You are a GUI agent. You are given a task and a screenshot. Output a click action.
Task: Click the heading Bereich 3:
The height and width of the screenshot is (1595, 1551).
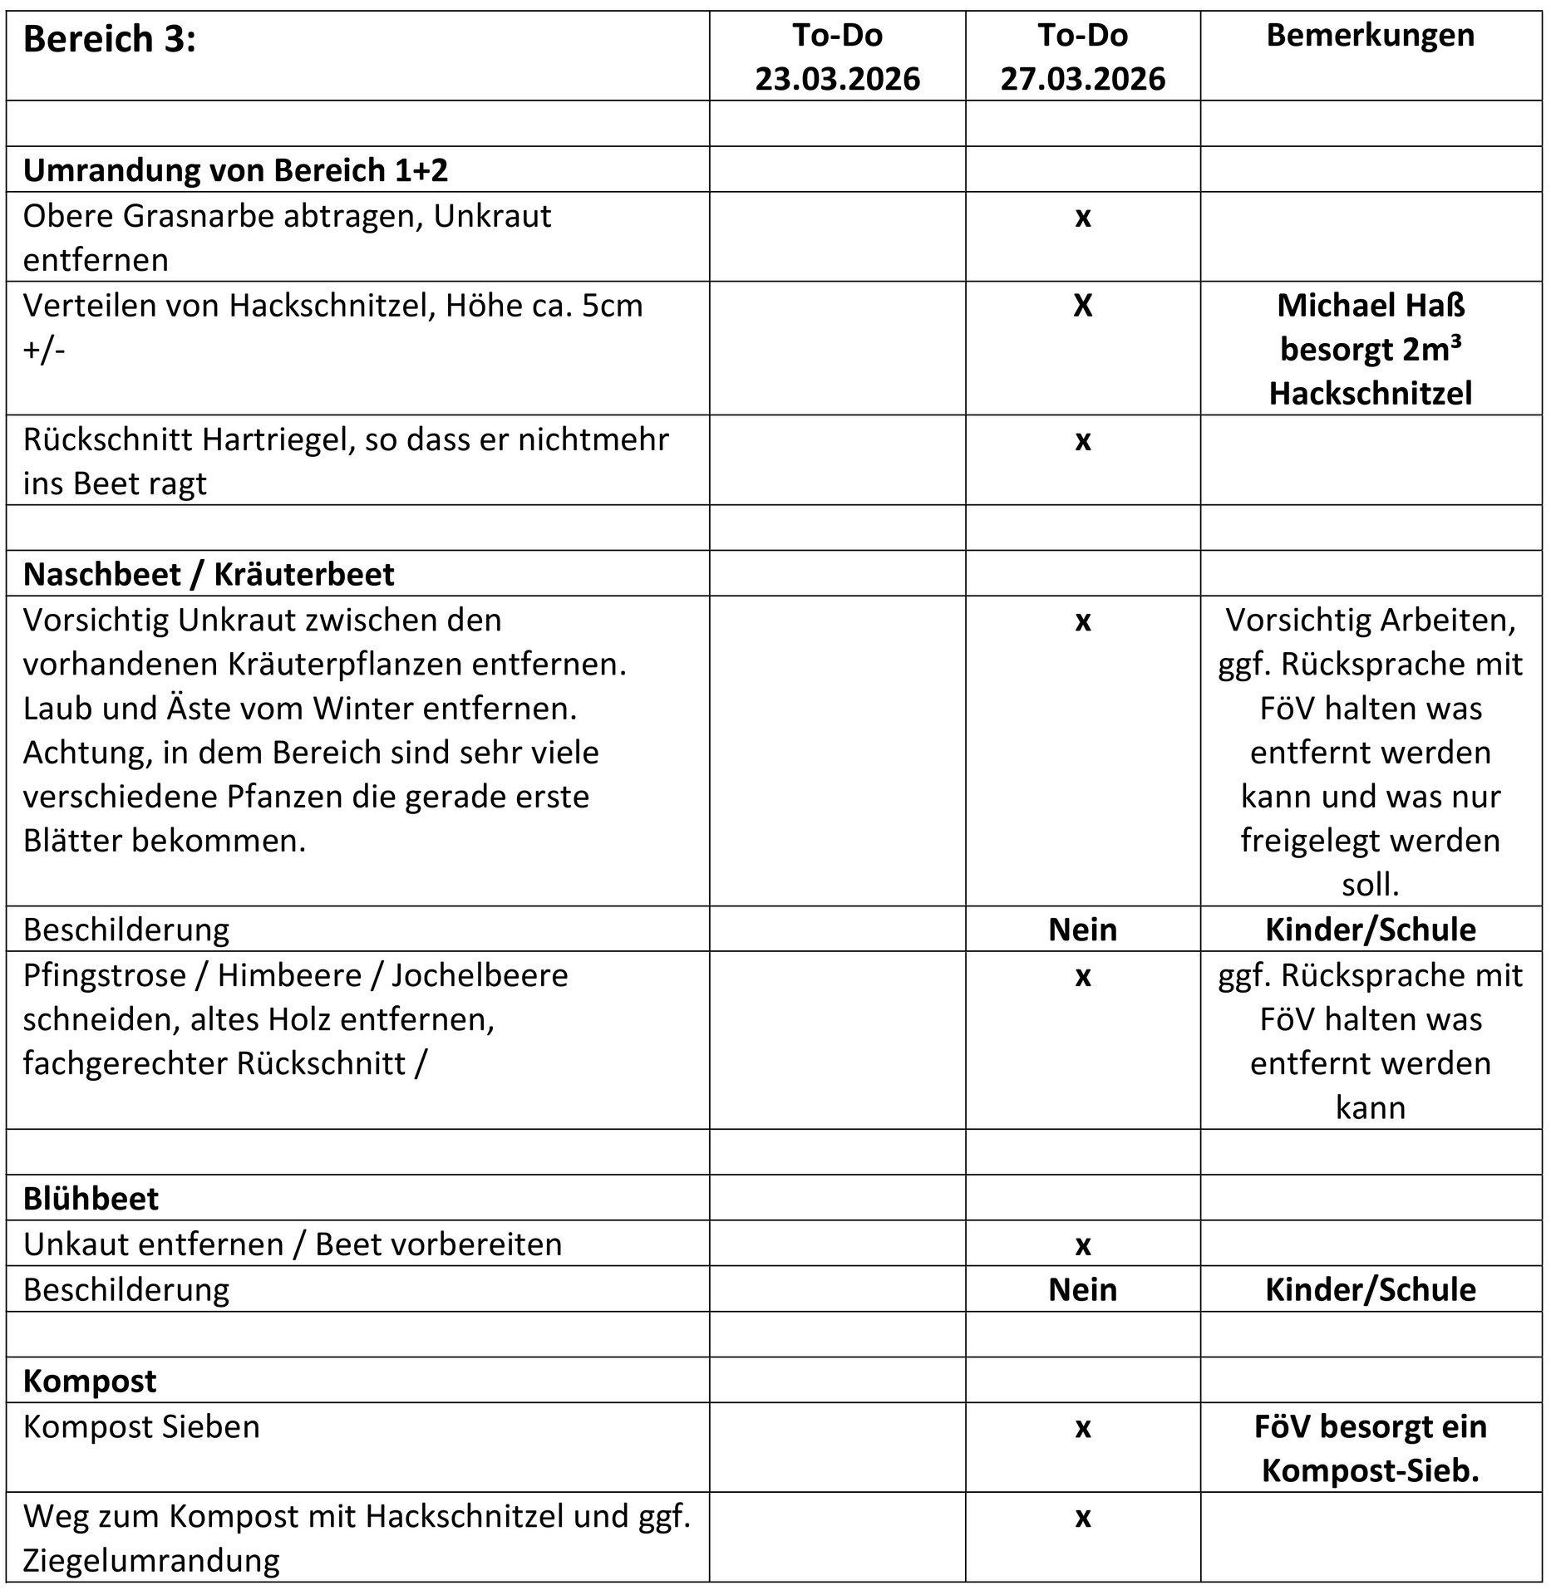coord(109,39)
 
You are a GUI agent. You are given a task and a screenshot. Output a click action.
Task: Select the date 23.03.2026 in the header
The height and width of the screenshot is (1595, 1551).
coord(837,79)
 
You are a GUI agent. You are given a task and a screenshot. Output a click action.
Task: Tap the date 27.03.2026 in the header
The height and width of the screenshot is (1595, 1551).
coord(1082,79)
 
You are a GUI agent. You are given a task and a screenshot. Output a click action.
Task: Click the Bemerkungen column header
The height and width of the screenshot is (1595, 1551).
coord(1370,36)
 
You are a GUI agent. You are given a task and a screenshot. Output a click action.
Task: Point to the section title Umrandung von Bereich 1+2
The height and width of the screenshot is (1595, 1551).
coord(235,169)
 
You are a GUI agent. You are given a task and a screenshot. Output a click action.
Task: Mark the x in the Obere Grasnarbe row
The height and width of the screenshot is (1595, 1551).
coord(1082,217)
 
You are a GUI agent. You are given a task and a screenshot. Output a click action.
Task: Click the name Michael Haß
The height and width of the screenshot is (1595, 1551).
coord(1371,306)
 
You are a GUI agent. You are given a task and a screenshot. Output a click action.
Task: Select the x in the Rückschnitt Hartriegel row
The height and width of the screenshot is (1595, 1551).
coord(1082,440)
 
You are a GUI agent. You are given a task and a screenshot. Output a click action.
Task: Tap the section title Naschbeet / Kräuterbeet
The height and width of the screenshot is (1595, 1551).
coord(209,574)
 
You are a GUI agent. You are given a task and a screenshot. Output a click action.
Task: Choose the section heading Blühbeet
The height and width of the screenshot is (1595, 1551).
coord(91,1199)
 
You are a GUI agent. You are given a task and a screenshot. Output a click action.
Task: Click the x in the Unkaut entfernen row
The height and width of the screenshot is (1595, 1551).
coord(1082,1244)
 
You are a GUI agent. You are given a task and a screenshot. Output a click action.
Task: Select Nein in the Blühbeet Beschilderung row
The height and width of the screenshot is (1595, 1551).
coord(1082,1289)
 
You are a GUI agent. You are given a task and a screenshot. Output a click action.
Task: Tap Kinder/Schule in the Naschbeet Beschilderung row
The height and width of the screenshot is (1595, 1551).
coord(1371,930)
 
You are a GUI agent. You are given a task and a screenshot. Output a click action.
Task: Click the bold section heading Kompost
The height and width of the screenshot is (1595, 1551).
coord(90,1381)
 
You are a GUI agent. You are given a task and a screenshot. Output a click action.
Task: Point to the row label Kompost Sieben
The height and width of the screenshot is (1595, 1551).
coord(141,1426)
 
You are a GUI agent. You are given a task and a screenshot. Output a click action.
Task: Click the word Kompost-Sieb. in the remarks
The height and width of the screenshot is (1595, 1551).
coord(1371,1471)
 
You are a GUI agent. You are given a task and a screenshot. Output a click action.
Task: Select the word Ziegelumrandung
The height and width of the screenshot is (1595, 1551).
coord(151,1561)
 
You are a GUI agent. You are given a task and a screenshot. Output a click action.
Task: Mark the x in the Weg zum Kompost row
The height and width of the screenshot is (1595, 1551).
coord(1082,1517)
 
